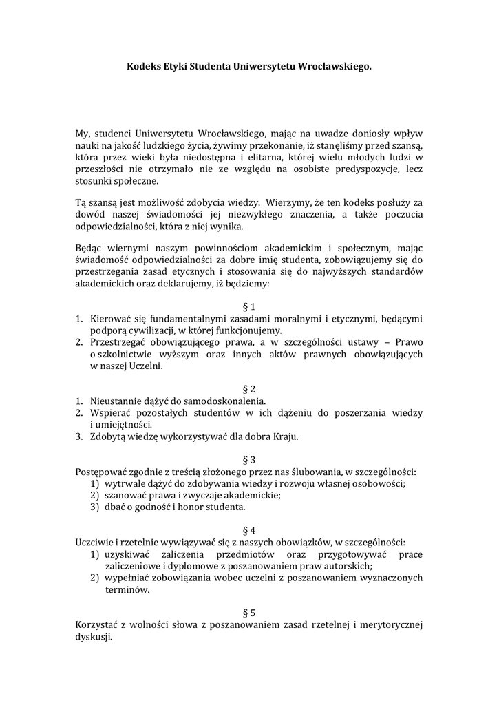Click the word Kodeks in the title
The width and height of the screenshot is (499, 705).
pyautogui.click(x=143, y=67)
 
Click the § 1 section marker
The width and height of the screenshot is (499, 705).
pyautogui.click(x=249, y=306)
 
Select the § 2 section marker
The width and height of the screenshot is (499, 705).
pyautogui.click(x=249, y=388)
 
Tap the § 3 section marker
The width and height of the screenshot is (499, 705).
pyautogui.click(x=249, y=459)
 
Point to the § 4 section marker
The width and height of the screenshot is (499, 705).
pyautogui.click(x=249, y=530)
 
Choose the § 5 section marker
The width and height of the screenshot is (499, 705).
pyautogui.click(x=249, y=612)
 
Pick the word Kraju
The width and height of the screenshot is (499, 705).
pyautogui.click(x=284, y=436)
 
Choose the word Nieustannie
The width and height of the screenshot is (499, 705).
pyautogui.click(x=116, y=401)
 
